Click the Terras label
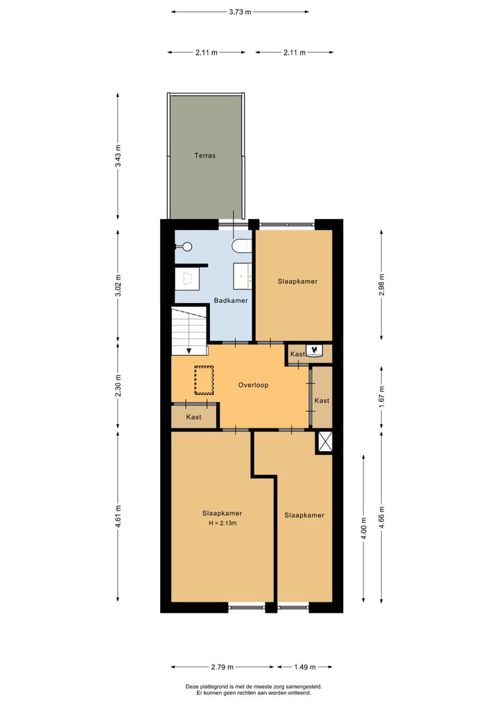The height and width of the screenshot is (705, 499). [204, 155]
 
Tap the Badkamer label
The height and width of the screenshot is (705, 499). [231, 300]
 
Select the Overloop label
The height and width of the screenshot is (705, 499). [253, 385]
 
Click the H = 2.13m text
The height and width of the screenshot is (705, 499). [222, 523]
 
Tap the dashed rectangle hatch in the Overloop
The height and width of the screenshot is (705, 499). [204, 381]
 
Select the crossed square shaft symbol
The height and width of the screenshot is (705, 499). [324, 441]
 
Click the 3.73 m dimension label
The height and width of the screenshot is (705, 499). [240, 12]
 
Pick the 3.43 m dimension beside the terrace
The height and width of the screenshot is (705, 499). [119, 155]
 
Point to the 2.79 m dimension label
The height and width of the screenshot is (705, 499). [222, 667]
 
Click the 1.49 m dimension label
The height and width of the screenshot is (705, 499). [305, 667]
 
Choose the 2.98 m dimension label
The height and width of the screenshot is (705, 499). [380, 284]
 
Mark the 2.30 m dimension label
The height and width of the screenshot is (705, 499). [119, 385]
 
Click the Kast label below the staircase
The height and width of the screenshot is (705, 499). [194, 417]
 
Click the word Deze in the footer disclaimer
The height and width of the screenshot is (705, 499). [192, 686]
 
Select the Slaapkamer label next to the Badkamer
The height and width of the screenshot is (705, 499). [297, 281]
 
